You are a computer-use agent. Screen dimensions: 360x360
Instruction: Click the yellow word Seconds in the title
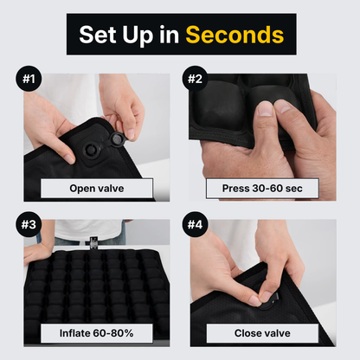[235, 35]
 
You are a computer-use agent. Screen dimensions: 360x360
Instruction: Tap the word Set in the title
[96, 35]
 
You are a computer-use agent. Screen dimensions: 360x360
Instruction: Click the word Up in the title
[138, 35]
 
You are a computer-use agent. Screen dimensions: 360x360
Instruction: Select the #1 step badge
[29, 79]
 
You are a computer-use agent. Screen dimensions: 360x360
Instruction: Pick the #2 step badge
[195, 79]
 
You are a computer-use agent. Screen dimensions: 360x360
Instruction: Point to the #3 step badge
[29, 224]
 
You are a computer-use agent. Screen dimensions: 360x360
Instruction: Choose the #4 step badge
[195, 224]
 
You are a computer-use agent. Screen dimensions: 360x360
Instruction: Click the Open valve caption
[97, 189]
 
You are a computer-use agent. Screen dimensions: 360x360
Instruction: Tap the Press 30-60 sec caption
[262, 189]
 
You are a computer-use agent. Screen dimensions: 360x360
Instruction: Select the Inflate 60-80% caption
[97, 333]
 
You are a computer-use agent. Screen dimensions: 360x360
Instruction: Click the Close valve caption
[262, 333]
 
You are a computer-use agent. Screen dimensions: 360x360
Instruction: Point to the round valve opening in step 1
[91, 150]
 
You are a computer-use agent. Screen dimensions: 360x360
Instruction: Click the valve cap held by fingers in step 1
[118, 139]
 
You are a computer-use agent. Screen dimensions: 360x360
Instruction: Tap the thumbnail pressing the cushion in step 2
[265, 109]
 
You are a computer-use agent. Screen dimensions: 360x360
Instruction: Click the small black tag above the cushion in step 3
[93, 241]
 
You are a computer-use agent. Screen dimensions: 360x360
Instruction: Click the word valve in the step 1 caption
[111, 189]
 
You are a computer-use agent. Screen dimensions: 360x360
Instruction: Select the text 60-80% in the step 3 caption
[113, 333]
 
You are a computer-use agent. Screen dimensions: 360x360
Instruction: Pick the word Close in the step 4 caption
[247, 333]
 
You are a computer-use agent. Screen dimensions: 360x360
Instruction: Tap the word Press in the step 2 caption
[235, 189]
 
